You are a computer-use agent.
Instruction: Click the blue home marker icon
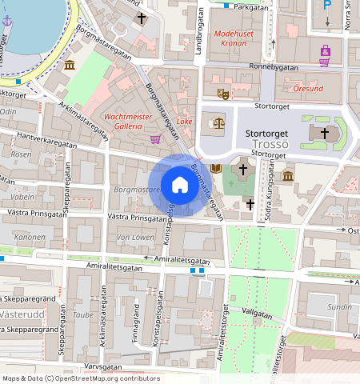(x=180, y=186)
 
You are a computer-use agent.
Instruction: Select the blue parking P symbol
(x=326, y=5)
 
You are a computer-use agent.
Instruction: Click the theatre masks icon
(x=224, y=94)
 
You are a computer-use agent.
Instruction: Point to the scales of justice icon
(x=218, y=122)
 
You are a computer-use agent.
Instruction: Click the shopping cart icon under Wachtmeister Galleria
(x=154, y=138)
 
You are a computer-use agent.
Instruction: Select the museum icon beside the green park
(x=70, y=64)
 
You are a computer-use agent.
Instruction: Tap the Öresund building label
(x=309, y=89)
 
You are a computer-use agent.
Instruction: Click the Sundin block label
(x=340, y=306)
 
